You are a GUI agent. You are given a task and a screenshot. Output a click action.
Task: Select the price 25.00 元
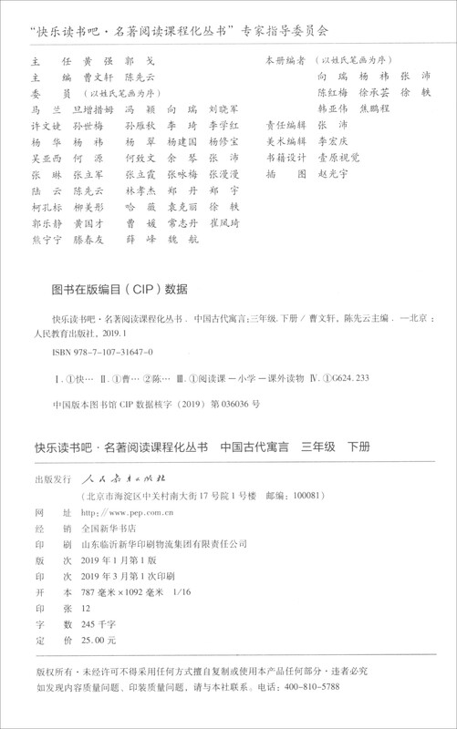pyautogui.click(x=102, y=642)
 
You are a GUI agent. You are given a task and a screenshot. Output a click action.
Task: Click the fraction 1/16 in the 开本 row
pyautogui.click(x=211, y=592)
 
